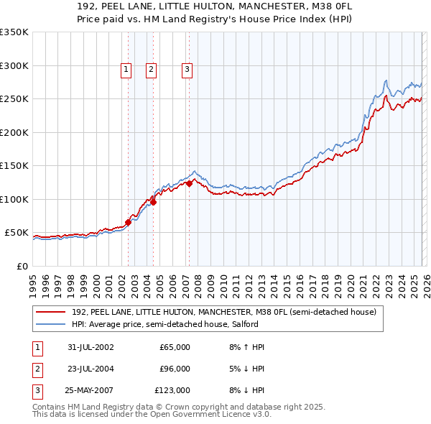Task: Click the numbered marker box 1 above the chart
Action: (x=126, y=70)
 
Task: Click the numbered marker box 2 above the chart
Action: (x=152, y=70)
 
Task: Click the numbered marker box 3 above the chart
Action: (x=187, y=70)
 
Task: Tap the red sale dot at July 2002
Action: (x=129, y=222)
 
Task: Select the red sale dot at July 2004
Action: (x=153, y=202)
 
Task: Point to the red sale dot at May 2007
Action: (x=189, y=183)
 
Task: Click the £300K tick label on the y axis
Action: (x=14, y=65)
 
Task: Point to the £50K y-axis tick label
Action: (x=16, y=233)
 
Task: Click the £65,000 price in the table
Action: (x=175, y=347)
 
